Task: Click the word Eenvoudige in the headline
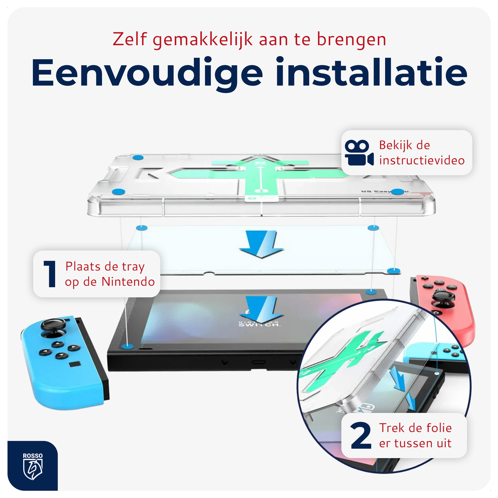147,73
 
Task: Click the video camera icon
359,153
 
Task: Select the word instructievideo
422,161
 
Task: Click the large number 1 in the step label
50,274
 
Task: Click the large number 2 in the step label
360,436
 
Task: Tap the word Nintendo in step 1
128,282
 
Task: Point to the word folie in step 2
439,428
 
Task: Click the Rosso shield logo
33,467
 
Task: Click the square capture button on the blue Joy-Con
75,364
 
